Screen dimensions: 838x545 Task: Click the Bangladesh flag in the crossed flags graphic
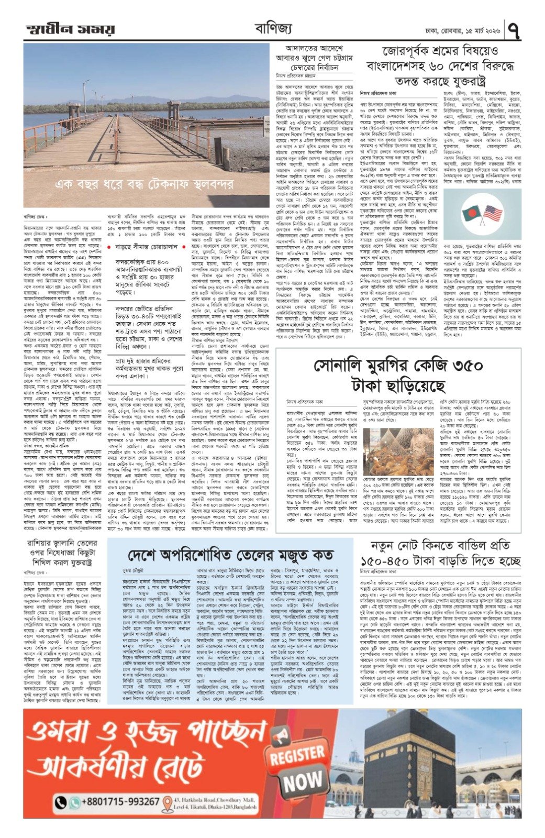pos(472,213)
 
